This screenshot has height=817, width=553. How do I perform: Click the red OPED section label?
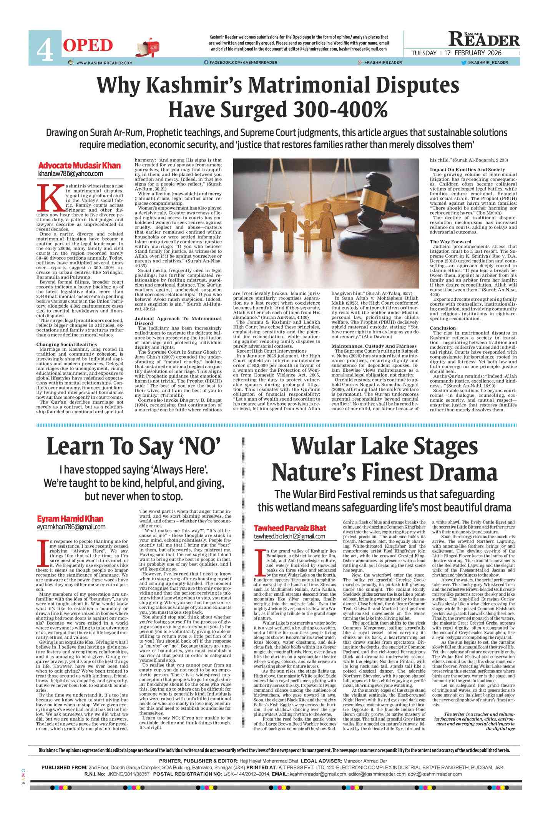88,46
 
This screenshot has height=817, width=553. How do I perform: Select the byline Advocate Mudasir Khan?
79,166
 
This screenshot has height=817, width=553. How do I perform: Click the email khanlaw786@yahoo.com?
70,174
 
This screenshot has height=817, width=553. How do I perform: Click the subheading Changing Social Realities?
66,344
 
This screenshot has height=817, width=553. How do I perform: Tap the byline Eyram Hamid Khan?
70,519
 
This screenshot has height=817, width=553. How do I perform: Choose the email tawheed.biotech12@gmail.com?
289,536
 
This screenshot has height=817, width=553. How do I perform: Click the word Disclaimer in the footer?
48,751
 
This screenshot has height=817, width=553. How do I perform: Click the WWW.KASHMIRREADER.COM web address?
104,63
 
